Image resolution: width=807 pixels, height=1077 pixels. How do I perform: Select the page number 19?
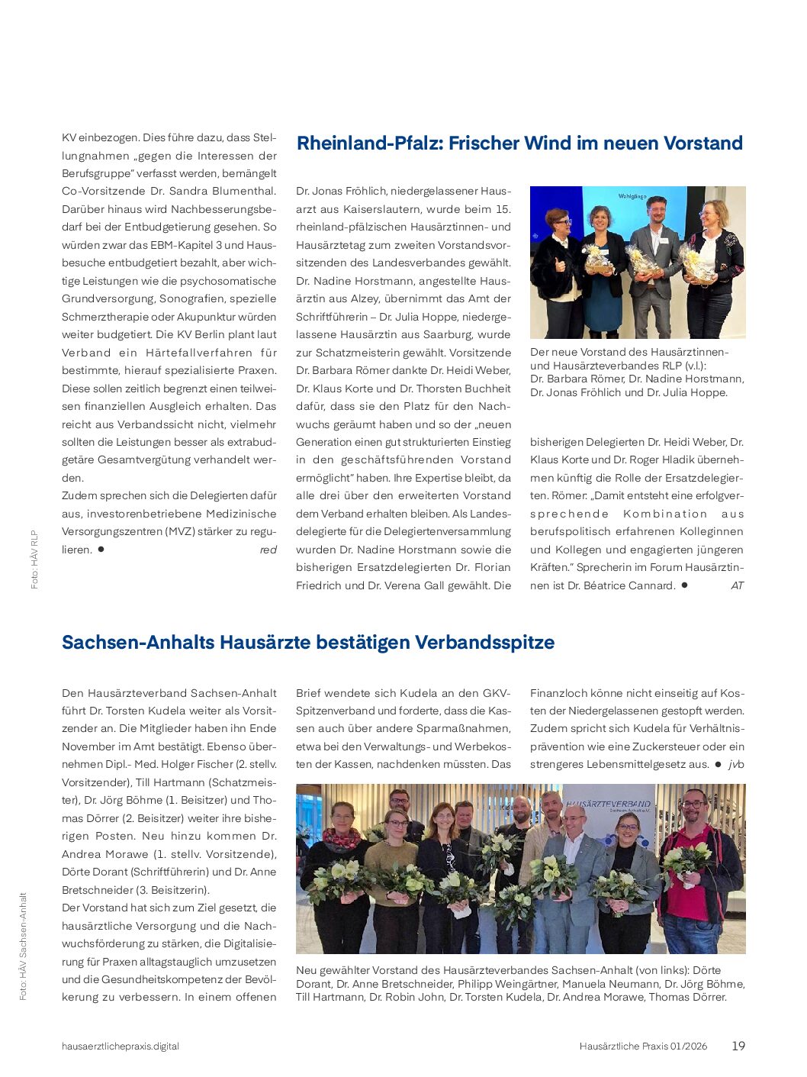coord(738,1046)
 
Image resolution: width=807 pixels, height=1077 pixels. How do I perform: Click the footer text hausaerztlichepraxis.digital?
coord(121,1046)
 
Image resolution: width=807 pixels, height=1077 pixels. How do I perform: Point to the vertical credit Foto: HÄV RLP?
coord(34,559)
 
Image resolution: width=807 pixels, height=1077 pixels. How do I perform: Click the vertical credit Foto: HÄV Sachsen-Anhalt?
coord(24,946)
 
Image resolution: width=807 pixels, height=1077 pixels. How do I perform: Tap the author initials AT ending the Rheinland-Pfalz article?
coord(737,585)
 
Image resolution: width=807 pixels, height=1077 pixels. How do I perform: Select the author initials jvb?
coord(735,764)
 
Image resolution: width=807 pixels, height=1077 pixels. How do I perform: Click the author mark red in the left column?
coord(268,550)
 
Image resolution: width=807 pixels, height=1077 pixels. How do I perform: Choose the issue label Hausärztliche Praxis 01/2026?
coord(643,1046)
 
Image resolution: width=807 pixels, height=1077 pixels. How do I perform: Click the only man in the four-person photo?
coord(654,260)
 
